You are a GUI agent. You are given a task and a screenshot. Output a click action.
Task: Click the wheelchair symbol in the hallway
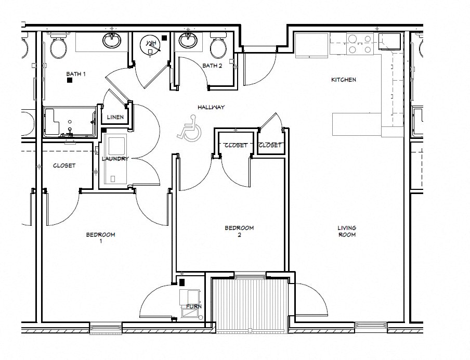(x=189, y=130)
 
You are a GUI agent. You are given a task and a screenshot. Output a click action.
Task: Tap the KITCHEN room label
(x=344, y=80)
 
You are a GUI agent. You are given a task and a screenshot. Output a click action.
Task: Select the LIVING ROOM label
(x=347, y=232)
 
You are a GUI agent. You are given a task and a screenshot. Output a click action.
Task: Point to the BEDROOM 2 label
(x=239, y=232)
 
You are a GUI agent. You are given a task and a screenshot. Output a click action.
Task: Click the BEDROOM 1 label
(x=100, y=238)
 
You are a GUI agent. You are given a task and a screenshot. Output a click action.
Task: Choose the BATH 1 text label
(x=75, y=74)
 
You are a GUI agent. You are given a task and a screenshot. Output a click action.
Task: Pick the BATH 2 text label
(x=212, y=66)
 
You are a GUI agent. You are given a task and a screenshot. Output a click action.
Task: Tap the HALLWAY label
(x=211, y=107)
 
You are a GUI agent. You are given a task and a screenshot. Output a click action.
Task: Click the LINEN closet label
(x=115, y=117)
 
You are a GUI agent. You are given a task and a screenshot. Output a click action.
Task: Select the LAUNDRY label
(x=115, y=159)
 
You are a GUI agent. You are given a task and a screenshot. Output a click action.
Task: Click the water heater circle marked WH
(x=151, y=45)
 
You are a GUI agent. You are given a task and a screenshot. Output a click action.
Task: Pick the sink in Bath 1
(x=112, y=40)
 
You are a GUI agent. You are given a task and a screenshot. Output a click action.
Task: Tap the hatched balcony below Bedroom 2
(x=250, y=304)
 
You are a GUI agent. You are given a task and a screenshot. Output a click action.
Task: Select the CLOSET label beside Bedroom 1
(x=64, y=165)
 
